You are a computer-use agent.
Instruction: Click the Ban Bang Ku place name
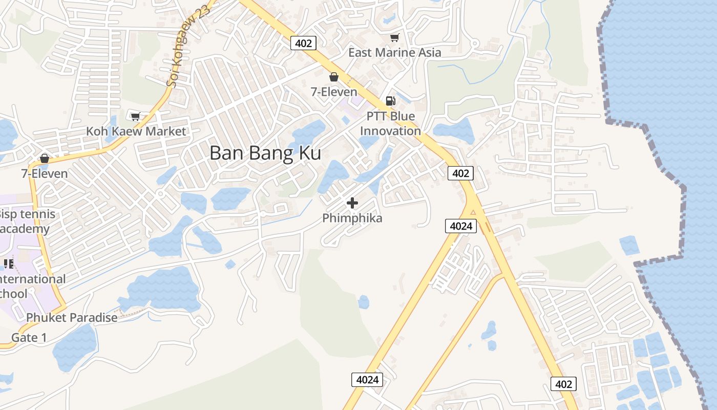tap(265, 153)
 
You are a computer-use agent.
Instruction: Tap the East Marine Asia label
tap(394, 52)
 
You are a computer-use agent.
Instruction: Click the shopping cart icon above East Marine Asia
tap(394, 38)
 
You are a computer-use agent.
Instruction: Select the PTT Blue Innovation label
tap(390, 124)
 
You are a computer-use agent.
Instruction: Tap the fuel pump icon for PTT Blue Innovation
tap(390, 101)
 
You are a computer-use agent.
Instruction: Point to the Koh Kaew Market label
tap(136, 131)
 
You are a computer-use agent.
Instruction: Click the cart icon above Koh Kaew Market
tap(135, 117)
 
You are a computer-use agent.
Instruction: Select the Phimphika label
tap(352, 218)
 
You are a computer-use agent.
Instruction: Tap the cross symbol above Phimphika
tap(352, 203)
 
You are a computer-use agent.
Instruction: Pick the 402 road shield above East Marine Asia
tap(303, 43)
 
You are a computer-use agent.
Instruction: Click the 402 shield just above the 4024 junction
tap(460, 173)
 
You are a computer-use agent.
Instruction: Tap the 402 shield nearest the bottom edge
tap(563, 383)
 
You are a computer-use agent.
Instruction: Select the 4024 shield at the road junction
tap(461, 225)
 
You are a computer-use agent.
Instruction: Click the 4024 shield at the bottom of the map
tap(367, 380)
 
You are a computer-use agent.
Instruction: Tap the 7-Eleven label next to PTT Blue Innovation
tap(334, 92)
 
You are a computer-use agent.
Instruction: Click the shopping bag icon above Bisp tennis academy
tap(45, 158)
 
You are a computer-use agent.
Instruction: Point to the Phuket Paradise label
tap(72, 318)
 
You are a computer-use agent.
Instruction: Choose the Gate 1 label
tap(29, 337)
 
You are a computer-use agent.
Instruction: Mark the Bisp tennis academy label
tap(27, 221)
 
